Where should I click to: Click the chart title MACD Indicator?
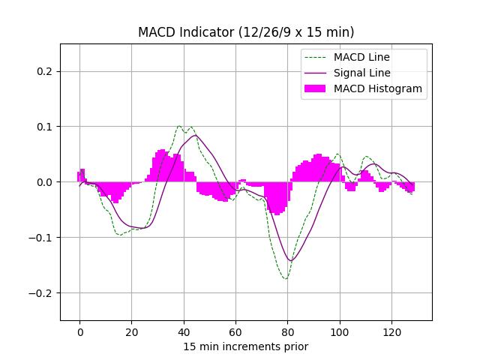(x=246, y=32)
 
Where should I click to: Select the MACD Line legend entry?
(x=361, y=57)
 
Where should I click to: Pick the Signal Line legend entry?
(x=361, y=73)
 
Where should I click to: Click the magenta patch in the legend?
(x=315, y=88)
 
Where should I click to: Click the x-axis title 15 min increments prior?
(x=246, y=346)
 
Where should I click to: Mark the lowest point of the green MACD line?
(x=286, y=279)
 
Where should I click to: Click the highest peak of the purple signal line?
(x=195, y=135)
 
